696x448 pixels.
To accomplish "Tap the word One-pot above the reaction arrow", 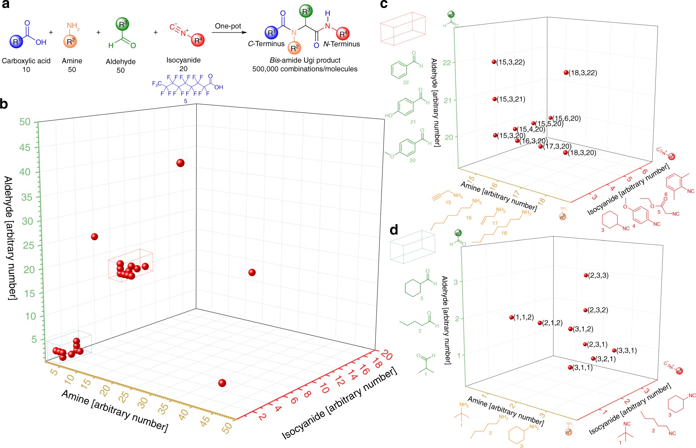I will click(x=228, y=26).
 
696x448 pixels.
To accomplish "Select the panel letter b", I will click(x=4, y=104).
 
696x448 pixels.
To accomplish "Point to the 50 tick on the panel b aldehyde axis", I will click(x=25, y=122).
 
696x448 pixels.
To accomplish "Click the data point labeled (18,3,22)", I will click(x=566, y=73).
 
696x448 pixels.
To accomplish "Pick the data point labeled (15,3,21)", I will click(x=495, y=99).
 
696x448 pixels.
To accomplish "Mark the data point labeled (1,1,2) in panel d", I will click(x=511, y=318).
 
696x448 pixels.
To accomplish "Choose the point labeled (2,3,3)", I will click(x=586, y=276).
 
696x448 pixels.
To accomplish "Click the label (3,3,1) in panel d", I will click(x=627, y=350).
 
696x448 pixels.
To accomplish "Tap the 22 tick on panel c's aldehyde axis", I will click(x=447, y=63).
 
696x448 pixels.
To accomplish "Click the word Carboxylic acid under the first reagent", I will click(x=26, y=61).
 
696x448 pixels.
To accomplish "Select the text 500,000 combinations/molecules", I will click(x=305, y=69).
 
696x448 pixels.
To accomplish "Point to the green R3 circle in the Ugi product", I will click(x=306, y=11).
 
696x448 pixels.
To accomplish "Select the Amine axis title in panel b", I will click(x=114, y=411).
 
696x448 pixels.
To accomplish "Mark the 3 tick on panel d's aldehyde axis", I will click(x=456, y=281).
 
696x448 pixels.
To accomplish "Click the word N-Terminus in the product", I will click(x=341, y=44).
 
